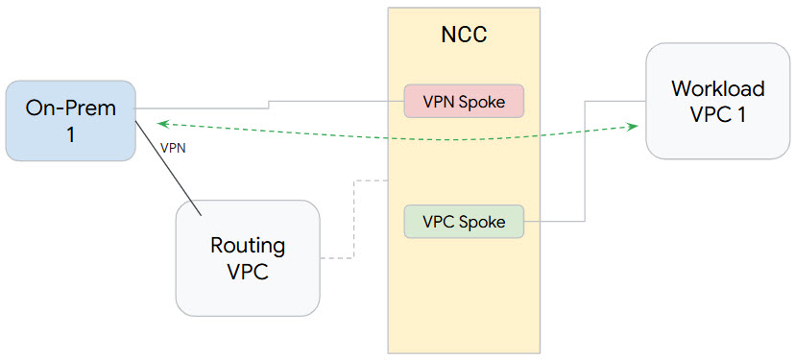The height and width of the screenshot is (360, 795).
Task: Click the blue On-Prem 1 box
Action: [70, 120]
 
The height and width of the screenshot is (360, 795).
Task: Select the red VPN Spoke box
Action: [464, 102]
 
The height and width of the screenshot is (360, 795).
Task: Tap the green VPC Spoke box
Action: [464, 221]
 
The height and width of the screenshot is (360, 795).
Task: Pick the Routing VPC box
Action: [247, 256]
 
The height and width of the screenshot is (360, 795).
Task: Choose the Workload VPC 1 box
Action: [717, 101]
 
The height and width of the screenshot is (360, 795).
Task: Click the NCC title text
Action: [463, 36]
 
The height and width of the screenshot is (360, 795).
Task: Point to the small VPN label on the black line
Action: [173, 149]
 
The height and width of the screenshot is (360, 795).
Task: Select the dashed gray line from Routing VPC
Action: [355, 221]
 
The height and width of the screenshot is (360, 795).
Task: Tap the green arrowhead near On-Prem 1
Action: [164, 123]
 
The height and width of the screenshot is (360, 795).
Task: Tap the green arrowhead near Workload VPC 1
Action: [633, 126]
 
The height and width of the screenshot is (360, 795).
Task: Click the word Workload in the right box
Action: [718, 88]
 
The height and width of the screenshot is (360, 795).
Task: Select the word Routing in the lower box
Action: [248, 245]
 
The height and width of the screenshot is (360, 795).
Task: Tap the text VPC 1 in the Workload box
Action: [718, 114]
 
